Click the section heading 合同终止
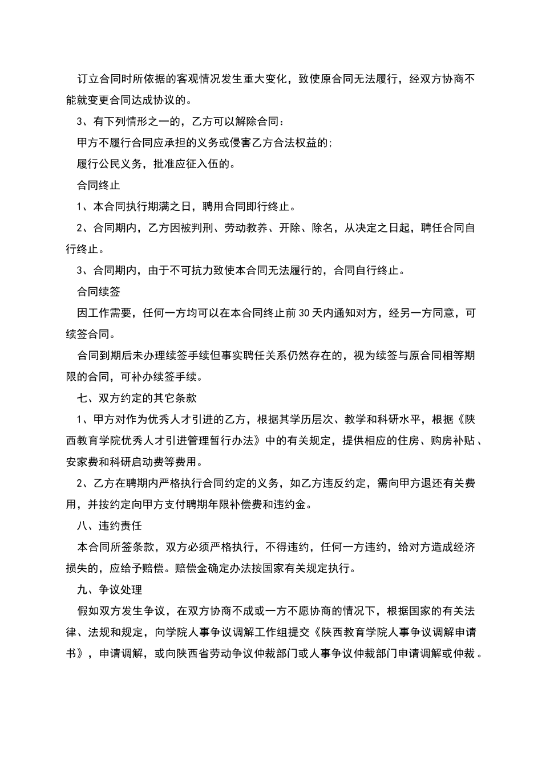[98, 185]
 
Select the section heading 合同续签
[98, 291]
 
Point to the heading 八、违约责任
[110, 525]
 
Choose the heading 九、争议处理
[110, 589]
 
